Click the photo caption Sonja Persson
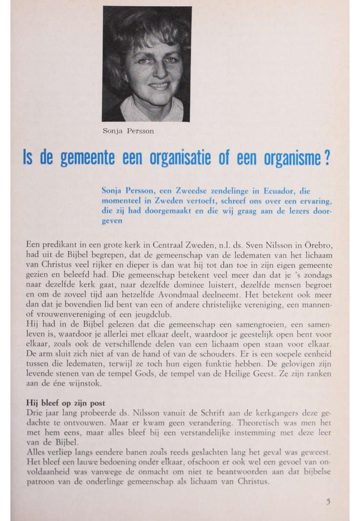tap(128, 131)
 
